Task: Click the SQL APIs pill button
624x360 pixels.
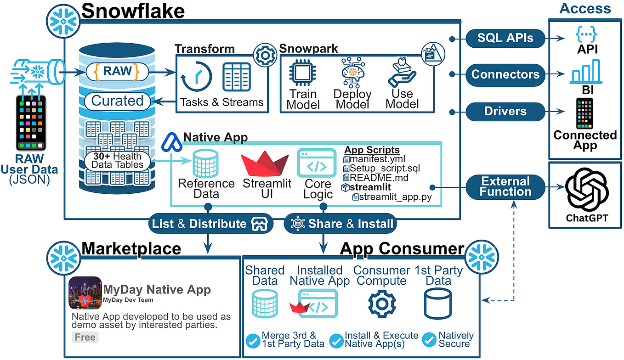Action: pos(505,39)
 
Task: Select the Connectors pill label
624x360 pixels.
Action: pos(505,74)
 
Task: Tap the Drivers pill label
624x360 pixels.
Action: pos(505,111)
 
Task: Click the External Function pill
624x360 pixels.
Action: pos(505,187)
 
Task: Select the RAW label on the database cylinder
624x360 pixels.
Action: pos(118,72)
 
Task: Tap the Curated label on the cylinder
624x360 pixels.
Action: pos(118,101)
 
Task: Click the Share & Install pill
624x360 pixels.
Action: pos(340,224)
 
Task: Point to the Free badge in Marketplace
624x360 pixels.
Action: pos(85,337)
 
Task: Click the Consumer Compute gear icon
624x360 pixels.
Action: pos(381,304)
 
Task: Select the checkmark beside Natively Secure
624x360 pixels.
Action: pos(429,340)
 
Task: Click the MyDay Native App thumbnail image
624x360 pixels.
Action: pos(85,292)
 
